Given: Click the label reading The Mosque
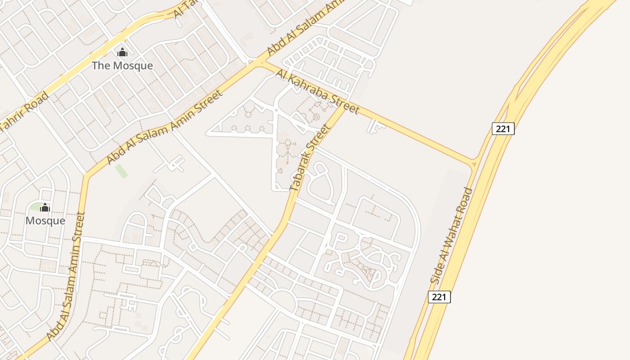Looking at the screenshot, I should click(x=122, y=66).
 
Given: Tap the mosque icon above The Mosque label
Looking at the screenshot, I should click(x=122, y=53).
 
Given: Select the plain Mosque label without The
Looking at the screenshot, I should click(x=45, y=221).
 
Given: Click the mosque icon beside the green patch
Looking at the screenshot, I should click(x=45, y=207).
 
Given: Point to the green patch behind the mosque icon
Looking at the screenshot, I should click(x=35, y=207).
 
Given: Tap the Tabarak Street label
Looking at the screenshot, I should click(x=310, y=157).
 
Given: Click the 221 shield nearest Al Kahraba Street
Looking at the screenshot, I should click(x=503, y=129).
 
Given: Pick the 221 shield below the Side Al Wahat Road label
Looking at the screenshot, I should click(x=439, y=297).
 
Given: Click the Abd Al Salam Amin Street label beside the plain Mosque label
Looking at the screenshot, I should click(x=65, y=276).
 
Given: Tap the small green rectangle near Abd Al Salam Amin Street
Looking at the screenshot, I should click(x=121, y=171).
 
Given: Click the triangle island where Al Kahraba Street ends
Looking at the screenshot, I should click(x=473, y=165).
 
